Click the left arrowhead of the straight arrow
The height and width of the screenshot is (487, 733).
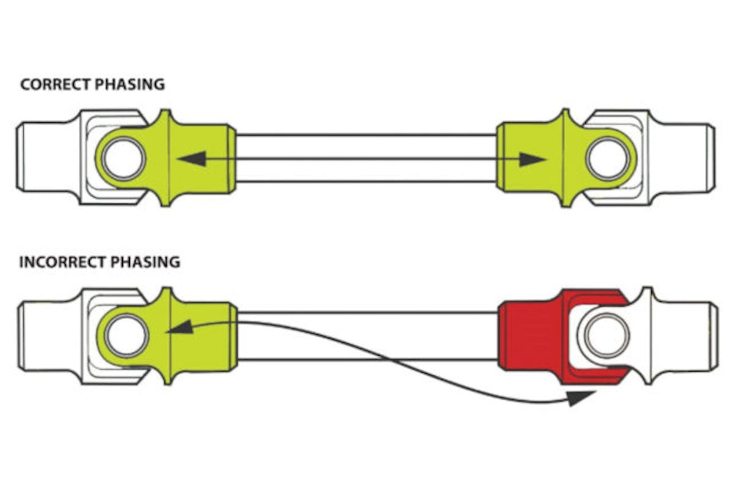click(x=190, y=159)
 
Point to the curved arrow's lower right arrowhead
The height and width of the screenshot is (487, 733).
click(x=580, y=398)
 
